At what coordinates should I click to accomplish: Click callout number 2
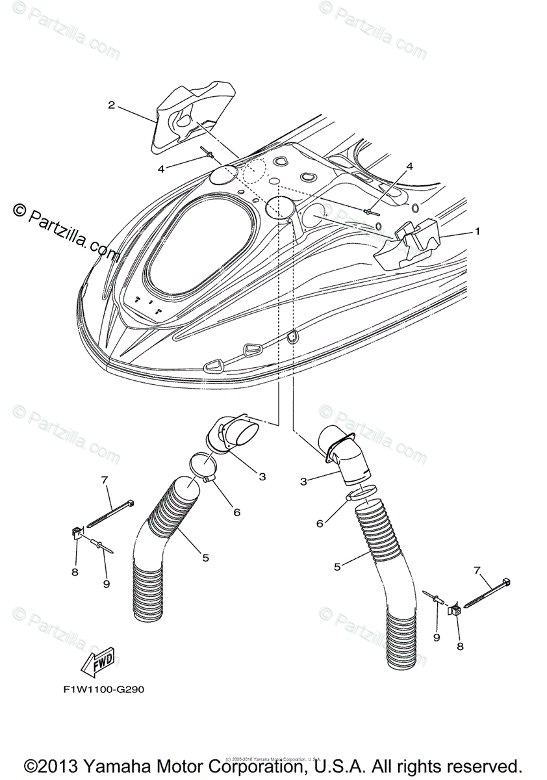pyautogui.click(x=111, y=105)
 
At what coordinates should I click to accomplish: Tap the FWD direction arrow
pyautogui.click(x=97, y=661)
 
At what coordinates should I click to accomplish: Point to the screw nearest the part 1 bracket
pyautogui.click(x=371, y=210)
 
